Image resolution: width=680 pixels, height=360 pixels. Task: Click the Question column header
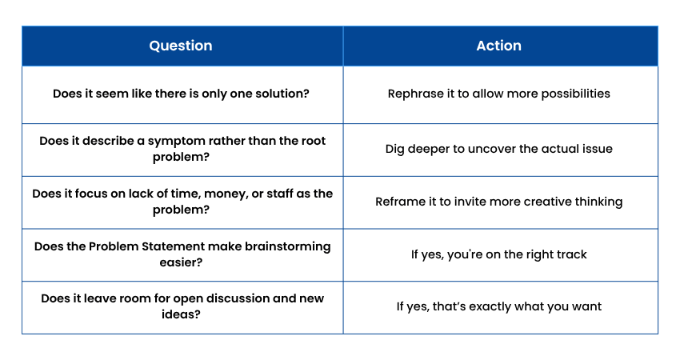tap(181, 46)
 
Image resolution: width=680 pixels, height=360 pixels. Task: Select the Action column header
tap(498, 46)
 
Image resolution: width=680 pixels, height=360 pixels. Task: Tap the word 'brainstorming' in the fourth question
tap(287, 246)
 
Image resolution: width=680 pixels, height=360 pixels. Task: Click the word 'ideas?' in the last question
tap(181, 314)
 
